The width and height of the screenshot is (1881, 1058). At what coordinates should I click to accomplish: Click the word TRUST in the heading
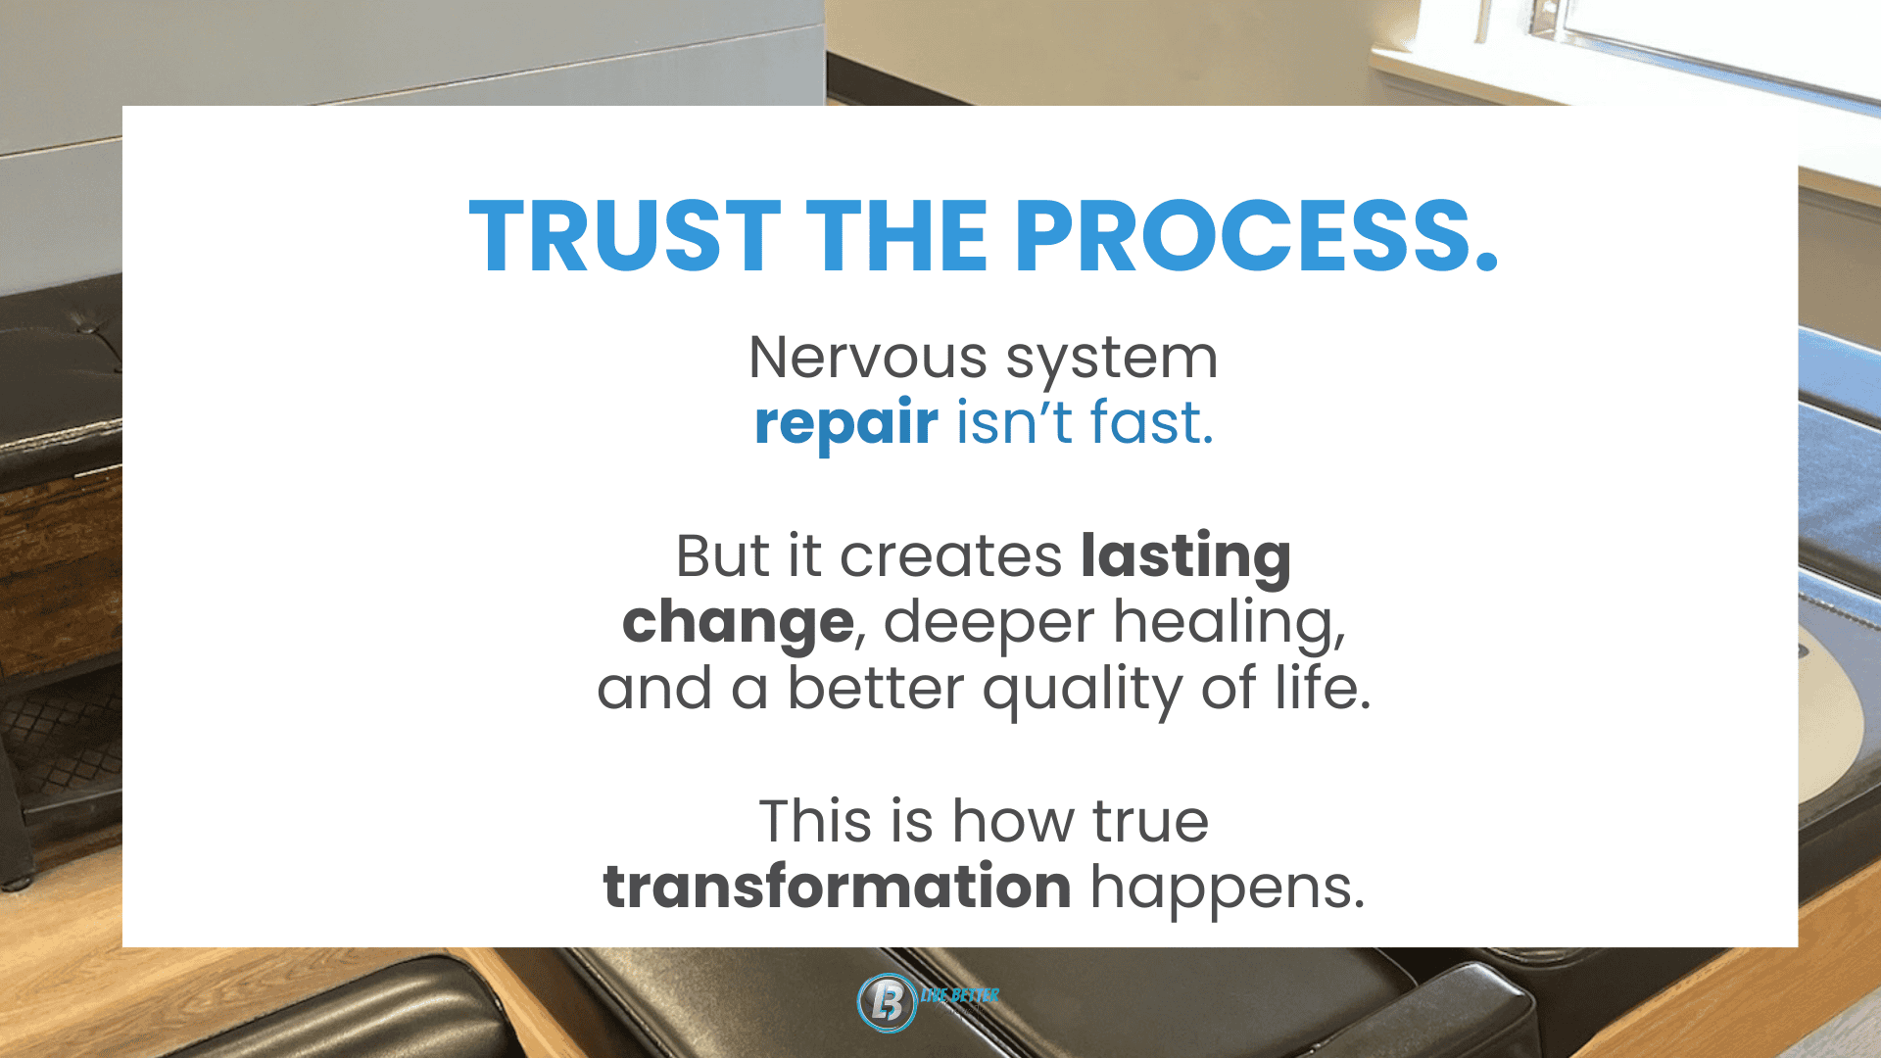click(x=625, y=236)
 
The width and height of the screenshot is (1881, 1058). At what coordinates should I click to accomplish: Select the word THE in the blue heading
click(x=896, y=236)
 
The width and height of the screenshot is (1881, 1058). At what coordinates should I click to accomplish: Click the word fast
click(x=1152, y=422)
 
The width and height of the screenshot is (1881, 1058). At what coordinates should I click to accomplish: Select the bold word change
click(x=738, y=623)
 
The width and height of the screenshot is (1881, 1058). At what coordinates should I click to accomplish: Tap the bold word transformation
click(x=837, y=887)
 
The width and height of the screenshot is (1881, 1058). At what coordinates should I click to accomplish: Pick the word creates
click(x=951, y=557)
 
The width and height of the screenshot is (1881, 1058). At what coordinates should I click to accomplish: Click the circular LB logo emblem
click(x=887, y=1002)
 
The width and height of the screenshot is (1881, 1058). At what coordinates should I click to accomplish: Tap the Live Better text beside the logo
click(x=959, y=995)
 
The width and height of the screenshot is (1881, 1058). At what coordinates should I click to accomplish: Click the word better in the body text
click(x=876, y=688)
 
